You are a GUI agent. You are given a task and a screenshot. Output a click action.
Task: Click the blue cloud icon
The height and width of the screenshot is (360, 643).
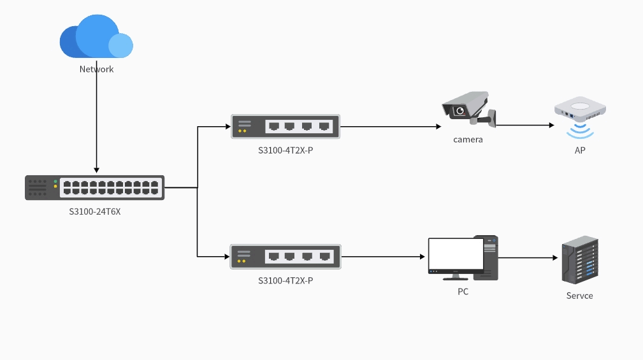(96, 37)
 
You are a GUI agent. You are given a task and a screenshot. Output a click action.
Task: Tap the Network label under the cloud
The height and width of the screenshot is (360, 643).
(96, 69)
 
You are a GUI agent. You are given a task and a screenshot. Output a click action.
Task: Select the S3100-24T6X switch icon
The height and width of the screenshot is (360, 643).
(94, 187)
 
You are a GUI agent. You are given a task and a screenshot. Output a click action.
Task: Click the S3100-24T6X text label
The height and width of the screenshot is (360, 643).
(94, 212)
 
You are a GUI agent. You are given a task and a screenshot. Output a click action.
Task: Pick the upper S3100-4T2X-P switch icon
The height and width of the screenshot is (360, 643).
(285, 126)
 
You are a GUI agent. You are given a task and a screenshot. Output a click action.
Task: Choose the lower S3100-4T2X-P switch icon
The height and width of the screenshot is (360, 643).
(285, 256)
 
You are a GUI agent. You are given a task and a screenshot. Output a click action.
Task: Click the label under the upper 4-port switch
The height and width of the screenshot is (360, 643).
(285, 150)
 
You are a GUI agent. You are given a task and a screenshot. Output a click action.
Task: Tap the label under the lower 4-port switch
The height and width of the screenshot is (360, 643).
(285, 280)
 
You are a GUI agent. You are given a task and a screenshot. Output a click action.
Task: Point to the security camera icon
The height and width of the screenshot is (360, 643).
(468, 108)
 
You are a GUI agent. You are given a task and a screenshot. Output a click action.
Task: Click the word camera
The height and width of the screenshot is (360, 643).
(468, 139)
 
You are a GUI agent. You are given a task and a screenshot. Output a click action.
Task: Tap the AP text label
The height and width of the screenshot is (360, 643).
(579, 151)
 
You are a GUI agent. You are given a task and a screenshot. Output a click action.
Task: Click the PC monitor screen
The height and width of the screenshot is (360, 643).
(456, 254)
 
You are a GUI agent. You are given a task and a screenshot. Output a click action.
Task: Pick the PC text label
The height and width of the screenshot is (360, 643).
(463, 292)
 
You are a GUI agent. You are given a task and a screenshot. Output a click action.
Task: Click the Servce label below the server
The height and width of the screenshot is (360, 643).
(579, 296)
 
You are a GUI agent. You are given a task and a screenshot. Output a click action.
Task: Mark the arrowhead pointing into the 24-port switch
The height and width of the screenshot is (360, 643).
(96, 170)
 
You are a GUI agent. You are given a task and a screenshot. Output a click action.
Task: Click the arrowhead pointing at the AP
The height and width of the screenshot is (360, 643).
(551, 126)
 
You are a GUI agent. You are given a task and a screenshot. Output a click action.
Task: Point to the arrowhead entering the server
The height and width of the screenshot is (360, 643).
(554, 258)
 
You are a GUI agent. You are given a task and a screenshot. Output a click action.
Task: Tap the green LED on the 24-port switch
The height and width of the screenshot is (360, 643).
(55, 182)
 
